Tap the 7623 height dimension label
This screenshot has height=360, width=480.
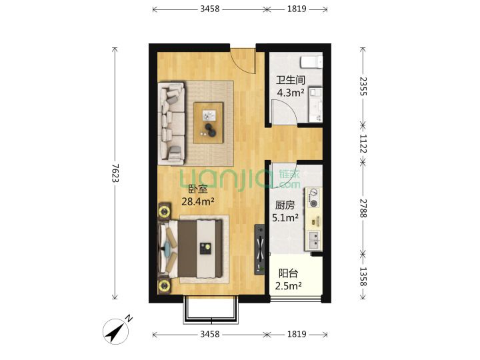[115, 173]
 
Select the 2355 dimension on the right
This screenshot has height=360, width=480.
[363, 86]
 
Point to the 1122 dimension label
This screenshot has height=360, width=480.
[363, 143]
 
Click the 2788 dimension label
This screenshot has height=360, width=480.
[363, 208]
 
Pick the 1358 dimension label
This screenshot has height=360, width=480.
[363, 277]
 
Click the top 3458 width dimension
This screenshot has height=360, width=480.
[210, 9]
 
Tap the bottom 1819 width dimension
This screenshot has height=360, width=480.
[297, 334]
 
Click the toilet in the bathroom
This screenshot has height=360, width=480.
[311, 62]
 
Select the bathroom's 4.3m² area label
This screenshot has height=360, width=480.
[290, 92]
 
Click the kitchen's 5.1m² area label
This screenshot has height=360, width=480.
[285, 217]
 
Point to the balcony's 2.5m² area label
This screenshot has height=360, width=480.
[288, 285]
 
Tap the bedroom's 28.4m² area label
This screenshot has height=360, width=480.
[197, 201]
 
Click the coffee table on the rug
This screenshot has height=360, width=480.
[209, 123]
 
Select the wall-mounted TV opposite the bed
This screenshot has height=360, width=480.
[260, 249]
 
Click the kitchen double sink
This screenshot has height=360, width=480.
[314, 240]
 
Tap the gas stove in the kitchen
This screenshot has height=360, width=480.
[313, 197]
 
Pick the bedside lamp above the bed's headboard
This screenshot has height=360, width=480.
[165, 211]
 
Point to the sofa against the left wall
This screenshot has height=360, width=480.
[171, 123]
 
